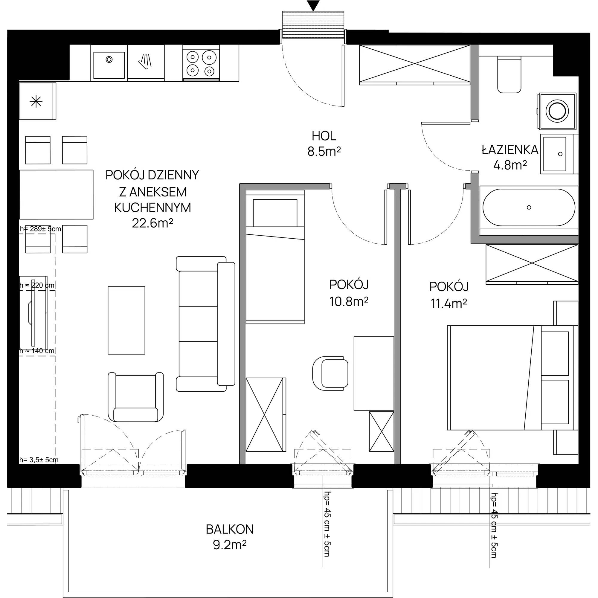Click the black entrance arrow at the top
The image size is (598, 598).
point(313,6)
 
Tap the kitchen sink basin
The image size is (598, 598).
point(109,65)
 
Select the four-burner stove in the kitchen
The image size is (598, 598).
point(201,63)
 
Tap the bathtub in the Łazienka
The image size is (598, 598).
point(529,208)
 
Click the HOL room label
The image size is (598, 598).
point(324,136)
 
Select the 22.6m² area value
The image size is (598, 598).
point(152,223)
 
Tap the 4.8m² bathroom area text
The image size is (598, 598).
point(510,165)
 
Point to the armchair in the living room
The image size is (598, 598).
point(135,397)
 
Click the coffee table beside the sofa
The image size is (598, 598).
point(126,320)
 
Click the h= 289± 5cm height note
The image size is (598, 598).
point(40,229)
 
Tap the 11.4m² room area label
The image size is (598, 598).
point(449,304)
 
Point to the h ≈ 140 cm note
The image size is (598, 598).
point(37,351)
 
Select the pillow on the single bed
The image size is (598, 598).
point(275,213)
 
